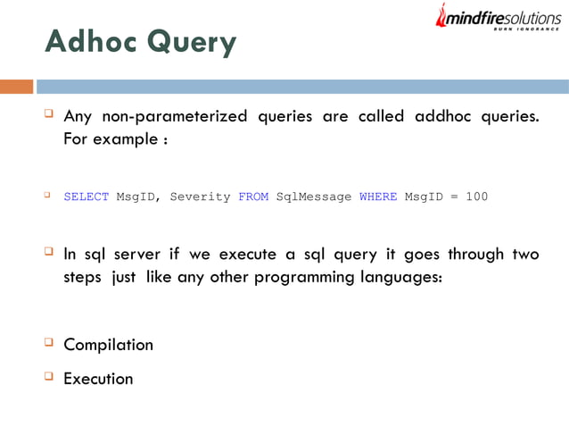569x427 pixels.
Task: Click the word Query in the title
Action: pos(193,43)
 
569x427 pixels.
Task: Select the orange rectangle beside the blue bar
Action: pos(16,87)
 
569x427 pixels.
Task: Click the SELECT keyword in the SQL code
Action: pos(86,197)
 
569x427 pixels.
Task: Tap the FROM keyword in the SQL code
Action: pos(253,197)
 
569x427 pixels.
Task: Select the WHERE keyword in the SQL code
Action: pos(378,197)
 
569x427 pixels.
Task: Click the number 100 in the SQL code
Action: pos(476,197)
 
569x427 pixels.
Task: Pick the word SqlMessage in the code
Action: pos(314,197)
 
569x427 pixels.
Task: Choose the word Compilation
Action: pos(108,345)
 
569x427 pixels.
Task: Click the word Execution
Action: pos(98,379)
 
